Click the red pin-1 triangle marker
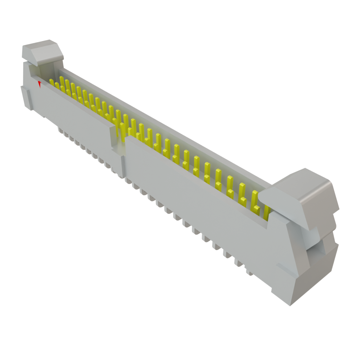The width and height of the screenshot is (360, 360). (40, 84)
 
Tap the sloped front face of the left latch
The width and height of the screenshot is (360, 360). (47, 56)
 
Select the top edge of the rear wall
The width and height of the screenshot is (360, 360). (165, 125)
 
